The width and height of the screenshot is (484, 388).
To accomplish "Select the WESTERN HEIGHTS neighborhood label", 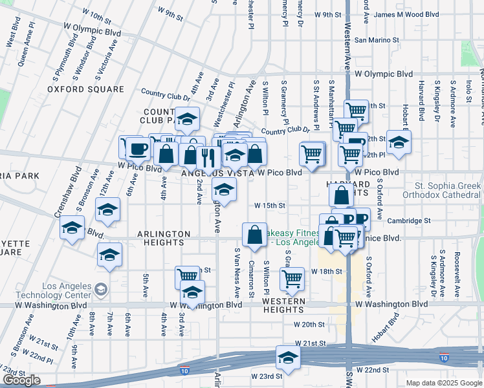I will [x=284, y=305].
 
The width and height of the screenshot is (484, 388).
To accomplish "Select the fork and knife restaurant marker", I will [x=208, y=156].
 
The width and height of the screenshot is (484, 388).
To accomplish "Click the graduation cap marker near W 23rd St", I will [x=288, y=356].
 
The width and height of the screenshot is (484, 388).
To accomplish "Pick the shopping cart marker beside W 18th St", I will [x=292, y=279].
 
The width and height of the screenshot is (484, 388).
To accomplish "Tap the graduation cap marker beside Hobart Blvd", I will [x=399, y=142].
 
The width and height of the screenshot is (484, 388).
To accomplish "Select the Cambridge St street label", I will [x=409, y=221].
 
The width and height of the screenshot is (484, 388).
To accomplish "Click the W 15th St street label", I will [x=270, y=205].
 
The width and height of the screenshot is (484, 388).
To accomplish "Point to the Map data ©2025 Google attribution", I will [x=443, y=383].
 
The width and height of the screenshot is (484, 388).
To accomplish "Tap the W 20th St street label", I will [x=308, y=325].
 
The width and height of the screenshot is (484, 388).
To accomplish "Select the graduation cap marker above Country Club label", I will [x=188, y=120].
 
